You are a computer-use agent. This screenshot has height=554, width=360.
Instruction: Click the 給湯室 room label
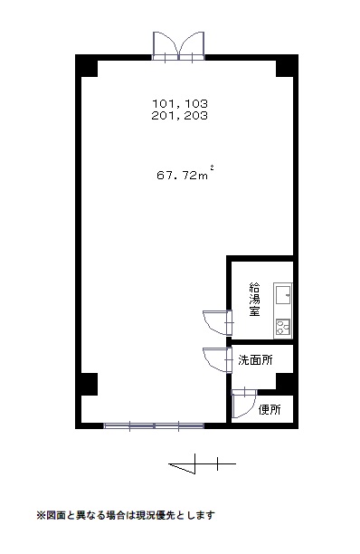tap(254, 299)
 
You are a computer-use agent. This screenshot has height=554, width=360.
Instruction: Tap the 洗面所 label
tap(255, 360)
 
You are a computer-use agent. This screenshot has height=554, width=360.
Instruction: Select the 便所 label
tap(270, 409)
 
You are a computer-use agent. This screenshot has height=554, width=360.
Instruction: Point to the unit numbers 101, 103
tap(180, 103)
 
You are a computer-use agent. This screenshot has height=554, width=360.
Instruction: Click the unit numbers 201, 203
tap(180, 116)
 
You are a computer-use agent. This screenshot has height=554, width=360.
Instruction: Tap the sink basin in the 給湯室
tap(283, 295)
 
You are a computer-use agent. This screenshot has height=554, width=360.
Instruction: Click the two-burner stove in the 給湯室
tap(283, 327)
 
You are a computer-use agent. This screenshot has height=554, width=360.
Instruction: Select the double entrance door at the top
tap(178, 46)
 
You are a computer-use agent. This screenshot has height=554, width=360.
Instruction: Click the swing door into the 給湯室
tap(218, 322)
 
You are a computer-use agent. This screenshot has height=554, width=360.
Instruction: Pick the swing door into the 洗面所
tap(218, 360)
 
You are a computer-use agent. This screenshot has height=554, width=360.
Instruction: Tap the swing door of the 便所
tap(244, 404)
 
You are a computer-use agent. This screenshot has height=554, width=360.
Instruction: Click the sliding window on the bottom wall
tap(154, 425)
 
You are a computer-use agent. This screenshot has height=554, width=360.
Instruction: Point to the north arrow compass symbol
tap(203, 463)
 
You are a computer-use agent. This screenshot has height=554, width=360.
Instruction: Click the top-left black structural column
tap(87, 66)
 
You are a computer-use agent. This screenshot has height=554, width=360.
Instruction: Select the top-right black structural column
tap(287, 66)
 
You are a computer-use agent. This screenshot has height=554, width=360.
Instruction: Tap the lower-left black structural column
tap(87, 384)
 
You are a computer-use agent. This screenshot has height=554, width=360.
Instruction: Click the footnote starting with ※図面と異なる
tap(126, 515)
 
